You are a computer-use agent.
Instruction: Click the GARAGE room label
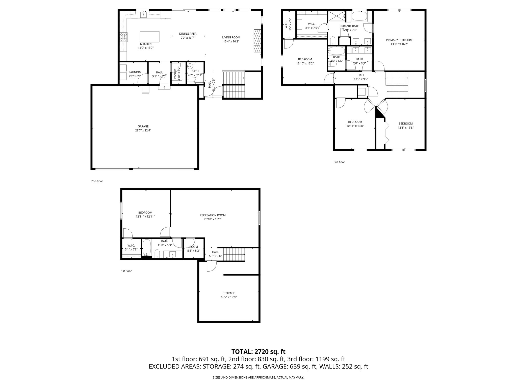coord(143,126)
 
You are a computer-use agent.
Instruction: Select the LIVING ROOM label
coord(231,37)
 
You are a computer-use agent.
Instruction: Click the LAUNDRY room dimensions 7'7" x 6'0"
coord(135,76)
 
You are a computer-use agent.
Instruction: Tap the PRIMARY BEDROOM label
coord(399,40)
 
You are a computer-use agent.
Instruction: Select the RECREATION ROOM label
coord(213,215)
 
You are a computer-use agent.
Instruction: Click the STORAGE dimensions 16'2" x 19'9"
coord(228,297)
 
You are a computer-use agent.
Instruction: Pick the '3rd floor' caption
coord(339,162)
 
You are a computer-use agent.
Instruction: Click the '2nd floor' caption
coord(97,181)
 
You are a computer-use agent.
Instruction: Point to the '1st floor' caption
coord(126,271)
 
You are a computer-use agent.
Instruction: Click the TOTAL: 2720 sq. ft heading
coord(258,352)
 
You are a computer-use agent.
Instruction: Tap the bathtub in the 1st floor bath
coord(147,248)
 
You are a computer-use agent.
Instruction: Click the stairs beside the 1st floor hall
coord(234,255)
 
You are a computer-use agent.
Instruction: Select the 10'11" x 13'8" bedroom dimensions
coord(355,126)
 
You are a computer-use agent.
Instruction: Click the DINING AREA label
coord(188,34)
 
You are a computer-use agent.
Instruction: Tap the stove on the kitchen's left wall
coord(123,37)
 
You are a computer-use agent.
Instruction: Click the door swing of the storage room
coord(211,266)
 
